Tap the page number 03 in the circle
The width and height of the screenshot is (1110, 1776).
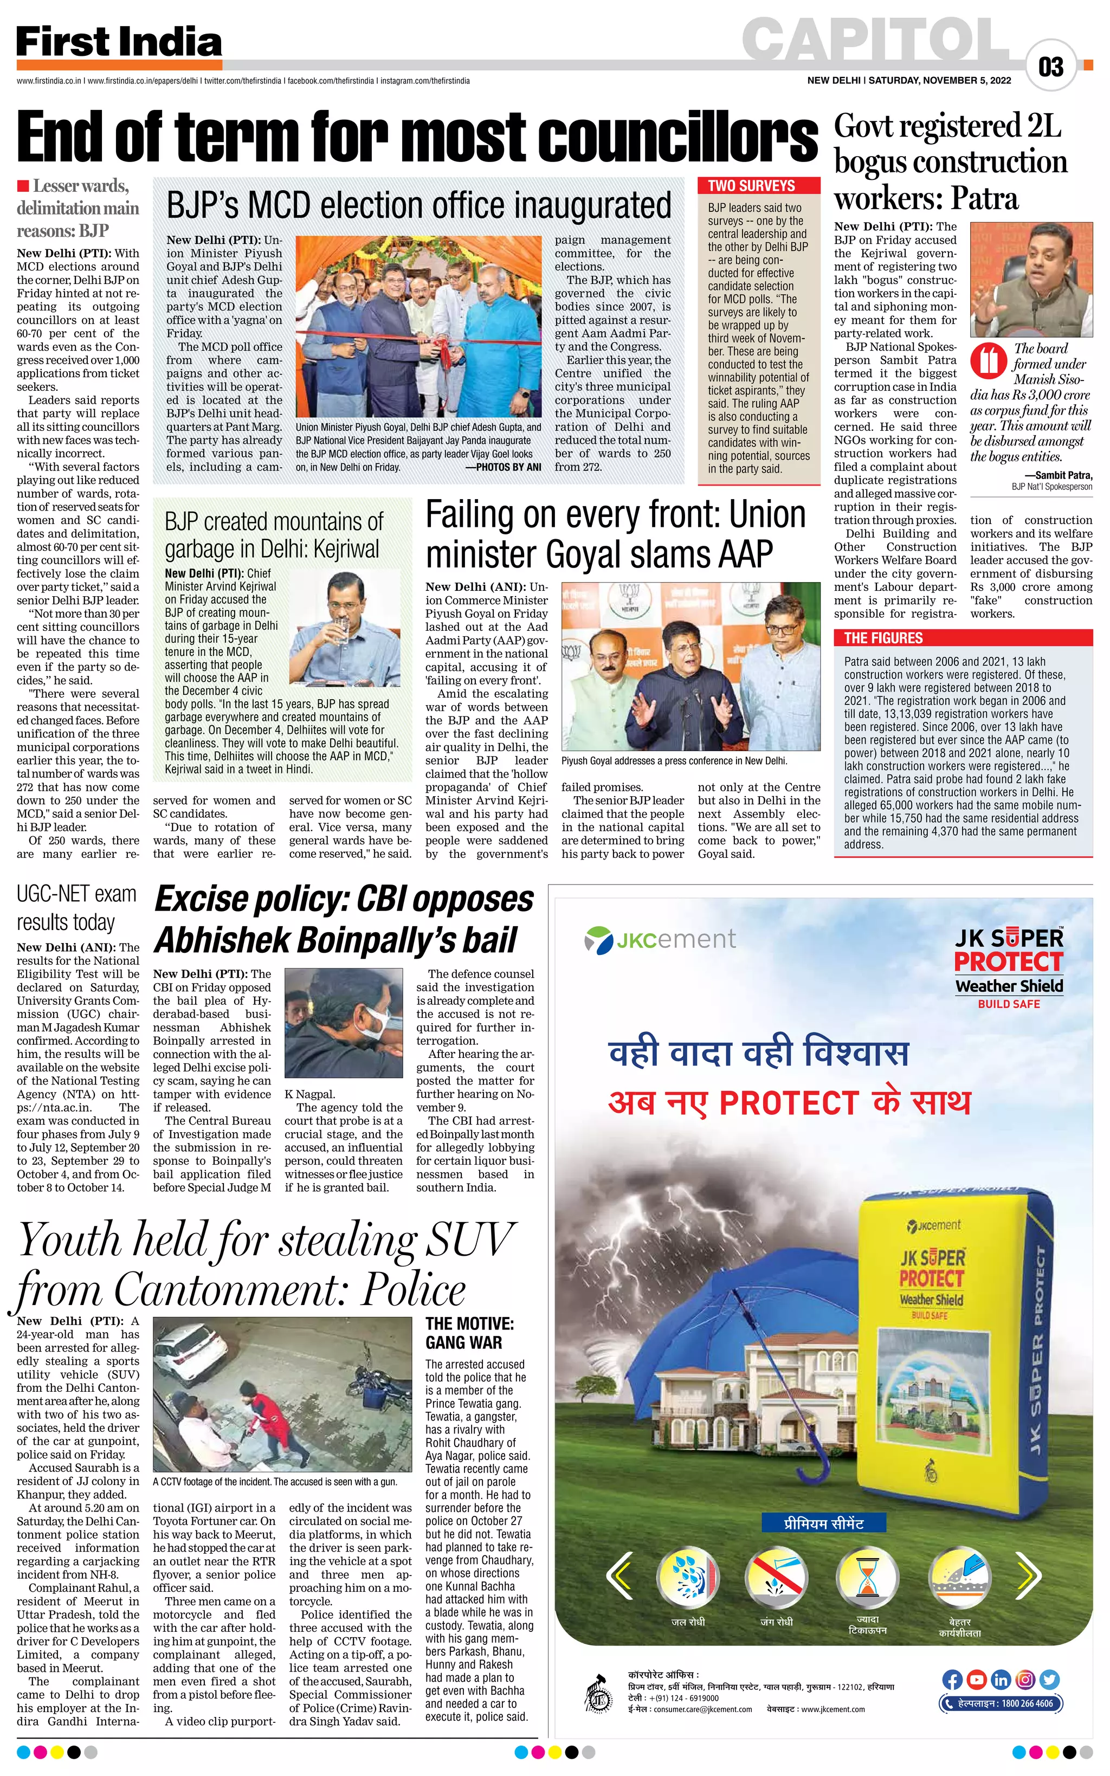coord(1050,67)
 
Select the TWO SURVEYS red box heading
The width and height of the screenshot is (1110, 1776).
coord(751,186)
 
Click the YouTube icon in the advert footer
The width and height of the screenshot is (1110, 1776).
coord(976,1679)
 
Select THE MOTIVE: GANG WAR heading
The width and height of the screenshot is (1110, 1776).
coord(470,1333)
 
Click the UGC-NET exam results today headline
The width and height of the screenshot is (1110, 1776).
coord(76,908)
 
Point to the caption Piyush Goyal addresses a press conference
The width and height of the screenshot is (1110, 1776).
coord(674,761)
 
